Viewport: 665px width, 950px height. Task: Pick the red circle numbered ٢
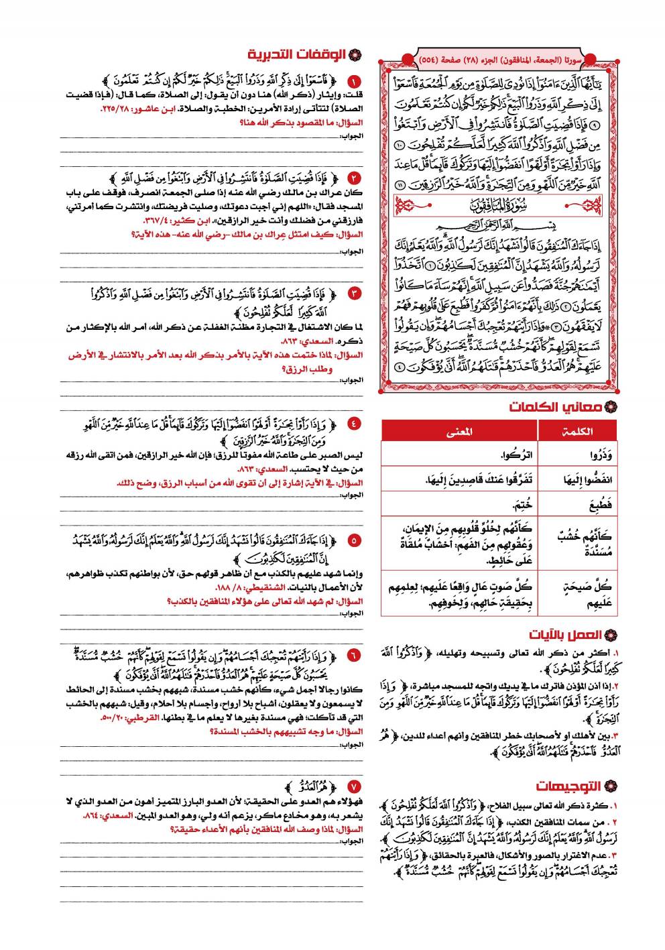[355, 178]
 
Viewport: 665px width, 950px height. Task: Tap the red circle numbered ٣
[355, 294]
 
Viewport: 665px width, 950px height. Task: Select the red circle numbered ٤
[355, 424]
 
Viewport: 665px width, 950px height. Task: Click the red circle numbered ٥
[355, 540]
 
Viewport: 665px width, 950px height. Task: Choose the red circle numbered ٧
[355, 786]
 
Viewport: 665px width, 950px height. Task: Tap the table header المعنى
[459, 431]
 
